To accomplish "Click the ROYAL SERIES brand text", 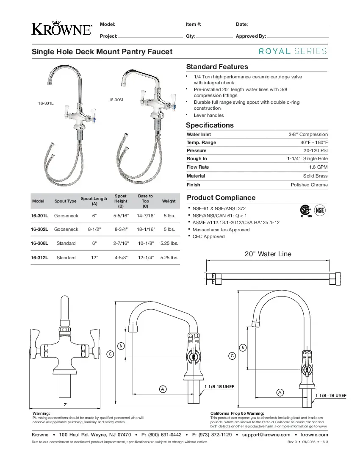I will [293, 51].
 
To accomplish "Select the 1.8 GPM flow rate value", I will [321, 167].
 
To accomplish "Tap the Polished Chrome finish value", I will [309, 185].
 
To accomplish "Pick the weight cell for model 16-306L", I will [169, 243].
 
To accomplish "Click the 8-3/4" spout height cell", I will [121, 229].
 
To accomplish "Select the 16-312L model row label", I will [39, 258].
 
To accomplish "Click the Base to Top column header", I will [145, 201].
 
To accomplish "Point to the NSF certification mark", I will [320, 210].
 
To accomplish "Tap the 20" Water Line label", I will [268, 254].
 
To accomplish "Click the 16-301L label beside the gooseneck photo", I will [46, 103].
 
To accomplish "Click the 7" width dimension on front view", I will [65, 405].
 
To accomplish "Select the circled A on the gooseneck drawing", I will [280, 392].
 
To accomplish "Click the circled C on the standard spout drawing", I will [109, 353].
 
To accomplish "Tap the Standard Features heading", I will [217, 67].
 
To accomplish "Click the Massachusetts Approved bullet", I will [221, 230].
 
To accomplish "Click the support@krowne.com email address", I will [266, 435].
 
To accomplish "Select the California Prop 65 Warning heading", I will [237, 413].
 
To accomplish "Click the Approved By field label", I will [251, 36].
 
